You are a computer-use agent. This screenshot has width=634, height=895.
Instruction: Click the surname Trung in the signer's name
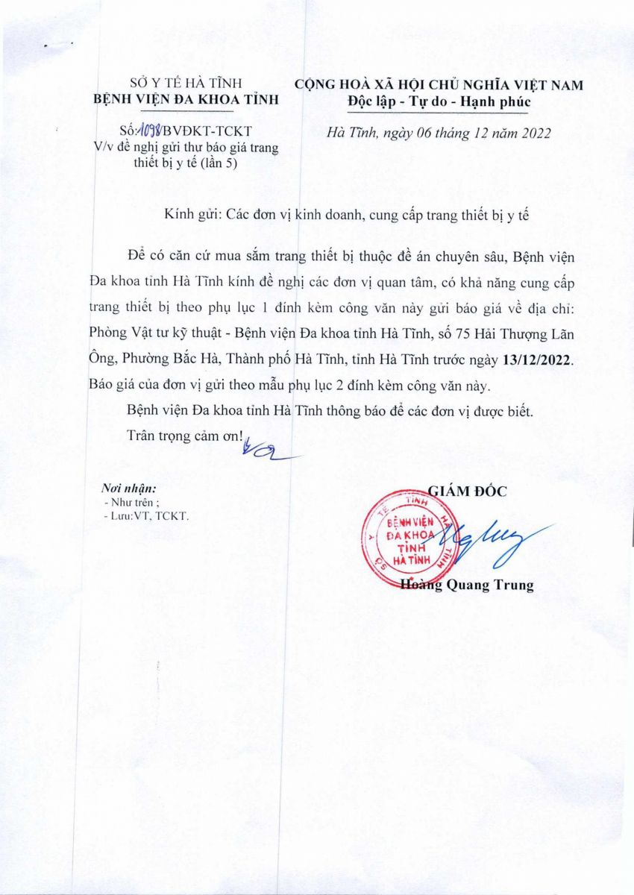[512, 585]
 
